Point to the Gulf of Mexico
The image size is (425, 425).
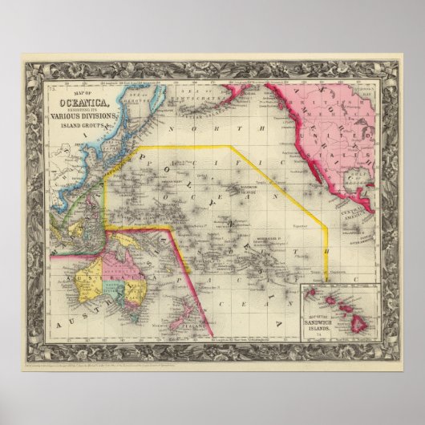click(374, 188)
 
